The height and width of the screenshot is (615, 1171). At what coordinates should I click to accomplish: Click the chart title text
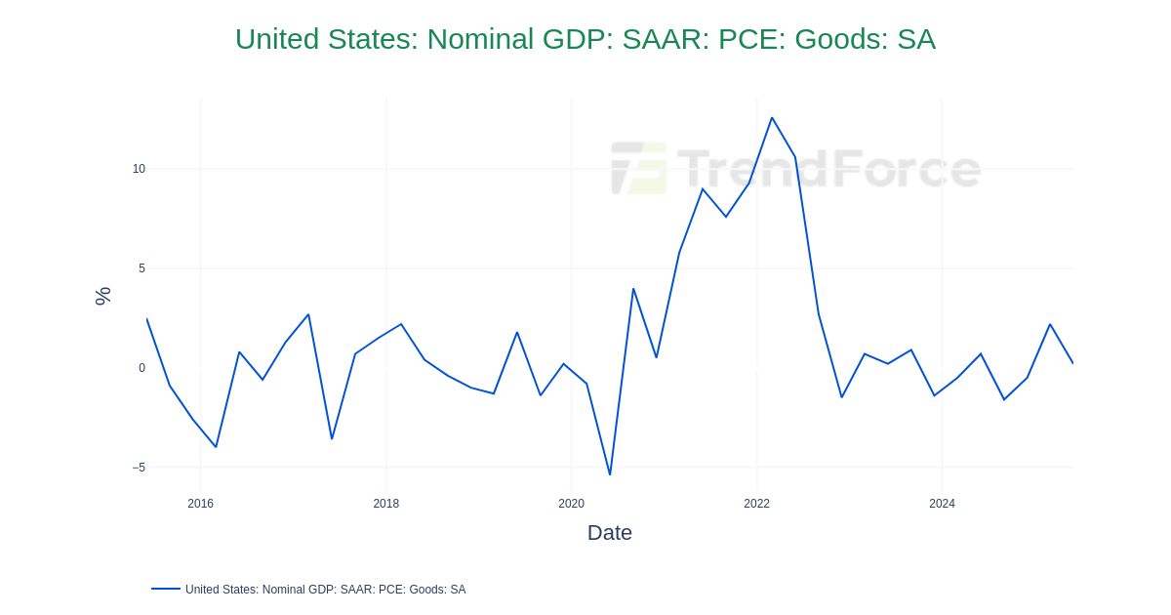[585, 39]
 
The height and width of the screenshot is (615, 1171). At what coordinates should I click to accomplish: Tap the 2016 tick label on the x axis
[200, 504]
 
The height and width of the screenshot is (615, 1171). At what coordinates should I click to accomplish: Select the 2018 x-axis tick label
[385, 504]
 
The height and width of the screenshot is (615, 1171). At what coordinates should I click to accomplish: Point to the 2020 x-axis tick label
[571, 504]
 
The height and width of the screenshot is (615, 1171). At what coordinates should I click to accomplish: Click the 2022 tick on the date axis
[756, 504]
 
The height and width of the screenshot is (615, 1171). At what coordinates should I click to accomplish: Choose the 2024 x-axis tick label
[942, 504]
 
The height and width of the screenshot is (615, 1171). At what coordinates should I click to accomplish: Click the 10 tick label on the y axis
[139, 169]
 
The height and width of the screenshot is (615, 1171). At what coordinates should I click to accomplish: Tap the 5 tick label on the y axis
[141, 268]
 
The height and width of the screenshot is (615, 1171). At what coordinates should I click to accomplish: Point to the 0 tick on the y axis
[141, 368]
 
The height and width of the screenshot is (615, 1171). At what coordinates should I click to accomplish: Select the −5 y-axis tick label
[139, 468]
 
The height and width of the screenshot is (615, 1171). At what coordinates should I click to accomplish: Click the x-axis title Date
[609, 533]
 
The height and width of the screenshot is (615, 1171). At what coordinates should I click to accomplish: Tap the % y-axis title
[102, 296]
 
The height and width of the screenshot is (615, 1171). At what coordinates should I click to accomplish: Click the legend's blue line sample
[166, 589]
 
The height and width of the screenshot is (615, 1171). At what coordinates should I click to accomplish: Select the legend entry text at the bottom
[325, 590]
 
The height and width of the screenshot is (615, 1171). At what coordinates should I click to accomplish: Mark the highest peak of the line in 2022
[772, 118]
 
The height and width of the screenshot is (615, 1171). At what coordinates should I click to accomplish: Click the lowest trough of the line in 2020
[610, 474]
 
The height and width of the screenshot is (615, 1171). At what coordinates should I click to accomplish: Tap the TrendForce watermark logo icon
[638, 168]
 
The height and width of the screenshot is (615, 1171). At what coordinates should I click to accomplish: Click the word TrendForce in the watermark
[828, 168]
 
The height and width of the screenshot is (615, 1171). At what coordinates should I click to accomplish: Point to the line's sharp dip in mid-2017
[332, 438]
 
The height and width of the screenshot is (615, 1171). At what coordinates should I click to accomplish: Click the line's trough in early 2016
[216, 447]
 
